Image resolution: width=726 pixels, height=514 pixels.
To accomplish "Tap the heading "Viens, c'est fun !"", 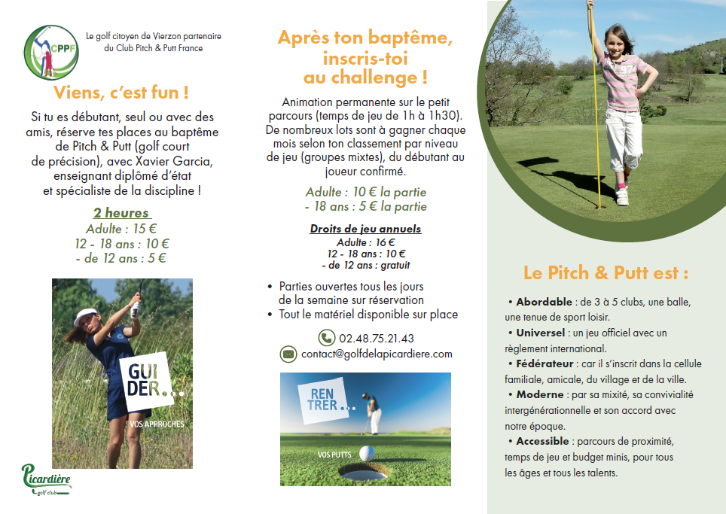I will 121,93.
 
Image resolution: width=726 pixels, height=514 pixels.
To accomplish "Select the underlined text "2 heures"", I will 121,213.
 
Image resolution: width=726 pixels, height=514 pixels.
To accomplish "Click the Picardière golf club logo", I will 46,479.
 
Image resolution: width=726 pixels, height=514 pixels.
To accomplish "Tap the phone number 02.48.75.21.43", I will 377,338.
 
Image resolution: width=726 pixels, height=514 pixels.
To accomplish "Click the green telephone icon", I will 326,338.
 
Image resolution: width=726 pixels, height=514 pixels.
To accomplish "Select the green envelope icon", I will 288,354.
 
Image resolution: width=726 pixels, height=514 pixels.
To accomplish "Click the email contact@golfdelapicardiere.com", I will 377,354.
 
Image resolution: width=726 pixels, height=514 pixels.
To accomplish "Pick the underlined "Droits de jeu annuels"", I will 365,229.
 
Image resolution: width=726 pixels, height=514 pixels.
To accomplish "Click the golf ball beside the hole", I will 367,453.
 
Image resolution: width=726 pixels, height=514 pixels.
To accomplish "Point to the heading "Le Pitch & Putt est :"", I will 606,272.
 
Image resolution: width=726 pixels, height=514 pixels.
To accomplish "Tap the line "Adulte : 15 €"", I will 121,228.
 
